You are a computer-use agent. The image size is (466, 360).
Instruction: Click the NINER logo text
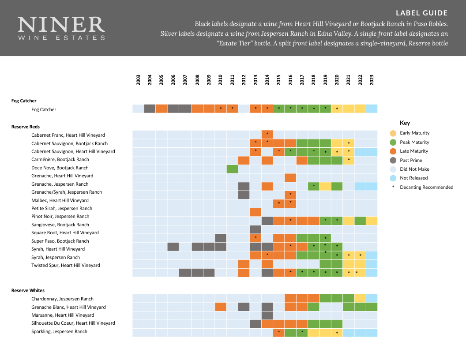tap(61, 25)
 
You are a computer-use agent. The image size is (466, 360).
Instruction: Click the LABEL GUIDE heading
tap(421, 13)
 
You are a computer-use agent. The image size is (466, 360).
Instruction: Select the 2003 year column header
tap(138, 80)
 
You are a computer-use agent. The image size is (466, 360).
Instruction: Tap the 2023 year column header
tap(372, 80)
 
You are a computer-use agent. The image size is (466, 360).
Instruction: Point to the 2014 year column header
tap(267, 80)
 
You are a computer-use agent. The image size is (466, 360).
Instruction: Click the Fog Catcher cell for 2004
tap(150, 109)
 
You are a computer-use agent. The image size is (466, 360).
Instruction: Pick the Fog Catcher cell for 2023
tap(372, 109)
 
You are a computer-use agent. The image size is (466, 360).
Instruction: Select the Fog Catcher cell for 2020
tap(337, 109)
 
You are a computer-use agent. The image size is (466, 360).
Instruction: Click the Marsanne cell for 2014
tap(267, 315)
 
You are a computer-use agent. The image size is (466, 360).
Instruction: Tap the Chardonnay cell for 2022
tap(360, 299)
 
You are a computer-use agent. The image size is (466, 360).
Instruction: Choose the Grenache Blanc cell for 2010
tap(221, 307)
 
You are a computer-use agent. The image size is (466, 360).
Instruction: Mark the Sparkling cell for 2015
tap(279, 332)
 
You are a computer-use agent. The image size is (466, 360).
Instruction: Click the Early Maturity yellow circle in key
tap(393, 133)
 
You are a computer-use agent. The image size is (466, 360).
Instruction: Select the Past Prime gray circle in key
tap(393, 160)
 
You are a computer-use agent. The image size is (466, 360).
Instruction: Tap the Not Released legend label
tap(414, 178)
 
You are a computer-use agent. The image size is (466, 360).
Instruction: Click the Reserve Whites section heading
tap(28, 291)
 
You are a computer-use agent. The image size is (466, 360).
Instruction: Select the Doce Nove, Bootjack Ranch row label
tap(60, 168)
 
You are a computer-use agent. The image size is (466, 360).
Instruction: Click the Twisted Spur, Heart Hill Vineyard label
tap(66, 266)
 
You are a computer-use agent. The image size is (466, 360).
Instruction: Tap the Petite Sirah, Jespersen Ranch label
tap(62, 208)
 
